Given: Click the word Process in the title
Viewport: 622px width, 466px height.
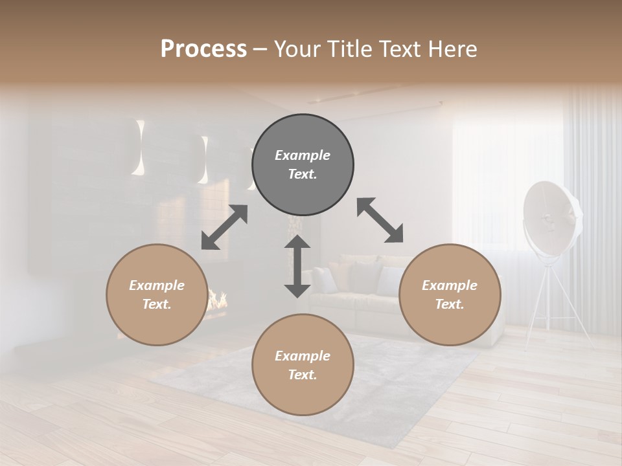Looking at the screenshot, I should [x=203, y=49].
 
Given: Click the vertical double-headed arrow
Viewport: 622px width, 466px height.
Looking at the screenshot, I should [x=297, y=266].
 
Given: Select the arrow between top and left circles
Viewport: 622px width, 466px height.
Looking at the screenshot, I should [x=224, y=227].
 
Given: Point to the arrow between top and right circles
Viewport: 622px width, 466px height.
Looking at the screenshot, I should [x=380, y=220].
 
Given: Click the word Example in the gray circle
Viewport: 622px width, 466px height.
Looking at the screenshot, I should [x=303, y=155].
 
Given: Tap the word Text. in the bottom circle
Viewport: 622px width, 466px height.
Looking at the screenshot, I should [x=303, y=375].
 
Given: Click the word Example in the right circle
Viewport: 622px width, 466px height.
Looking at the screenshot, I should [x=450, y=285].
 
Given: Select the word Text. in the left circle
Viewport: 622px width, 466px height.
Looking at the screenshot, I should [x=157, y=304].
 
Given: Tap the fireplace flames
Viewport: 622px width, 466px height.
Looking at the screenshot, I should [x=218, y=299].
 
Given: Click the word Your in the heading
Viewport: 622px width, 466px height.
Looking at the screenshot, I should [x=294, y=49].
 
